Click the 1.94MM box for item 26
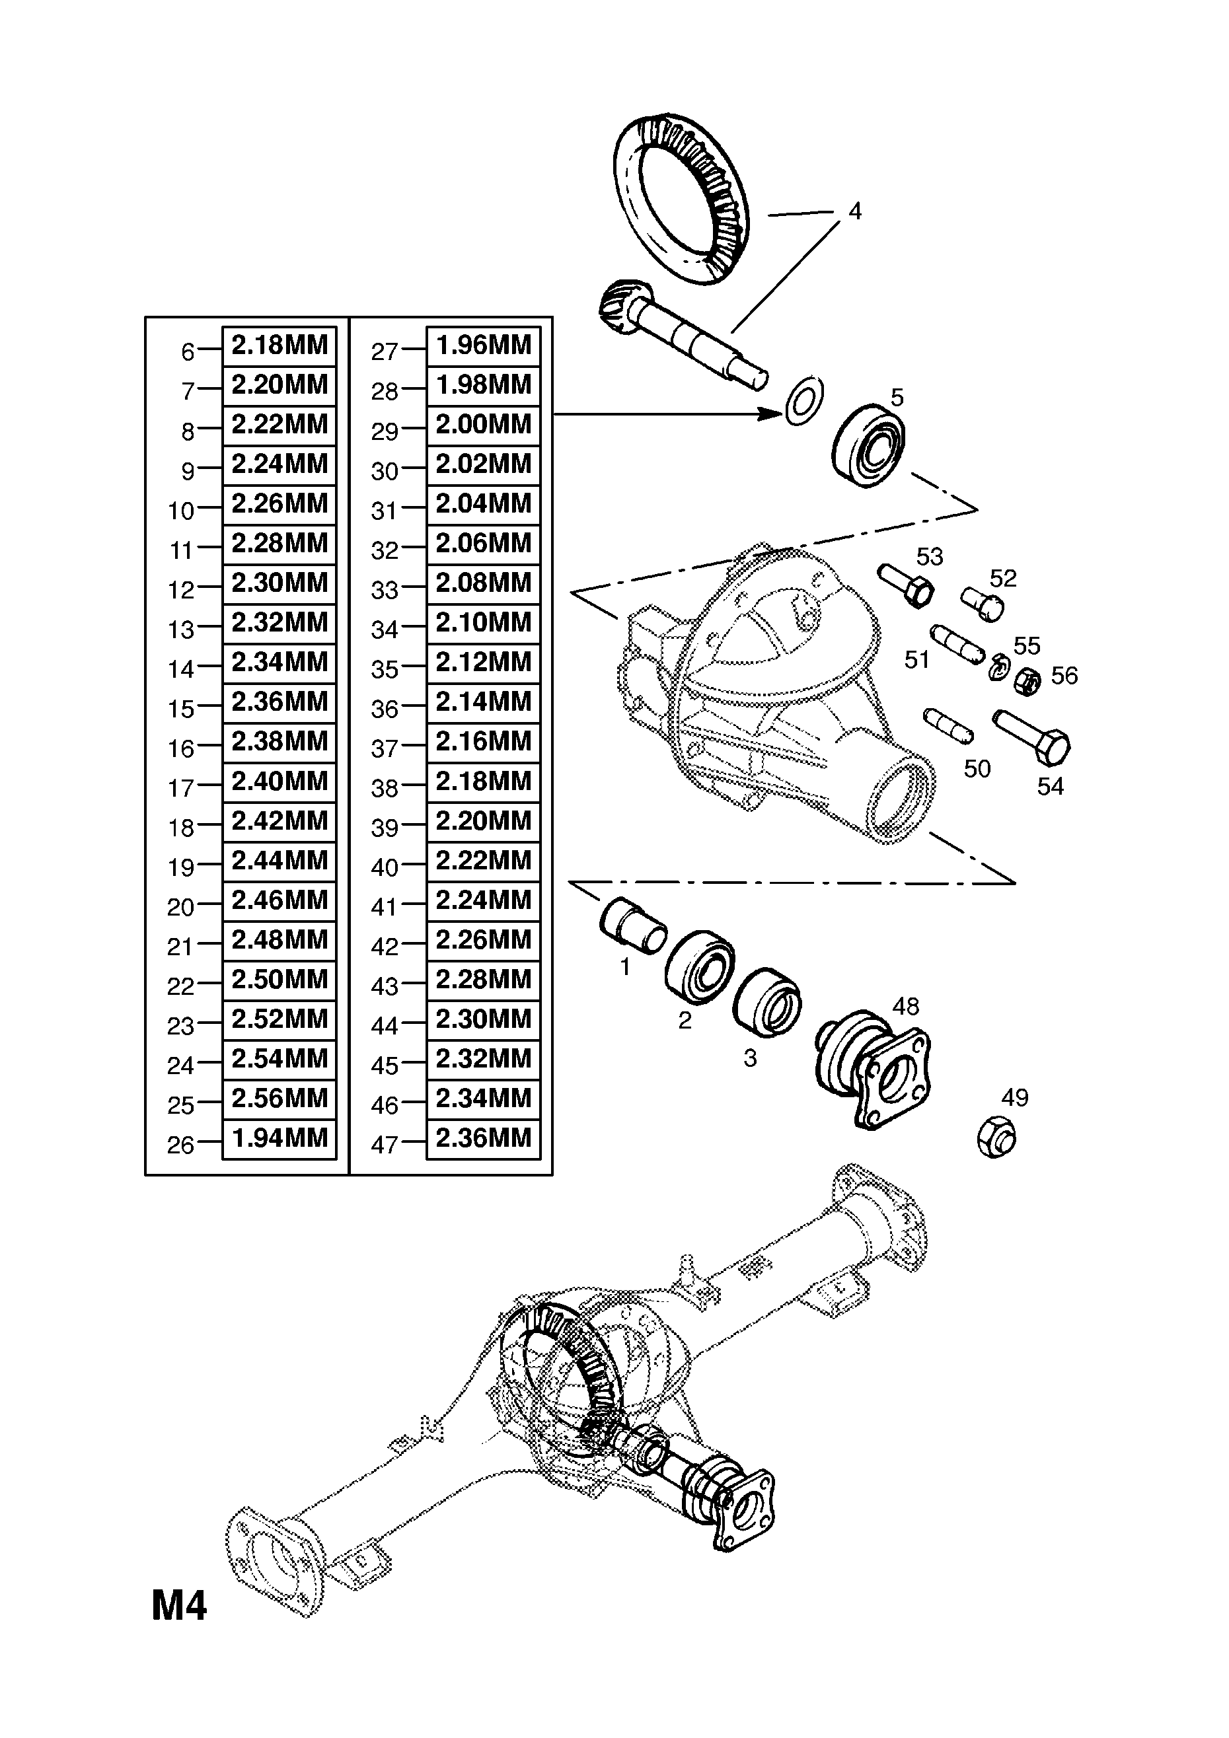pyautogui.click(x=279, y=1138)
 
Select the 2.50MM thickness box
pyautogui.click(x=279, y=980)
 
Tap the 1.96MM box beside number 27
pyautogui.click(x=483, y=345)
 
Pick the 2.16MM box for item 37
pyautogui.click(x=483, y=742)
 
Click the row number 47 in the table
pyautogui.click(x=384, y=1145)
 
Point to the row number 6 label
pyautogui.click(x=188, y=352)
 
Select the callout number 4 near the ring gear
pyautogui.click(x=855, y=211)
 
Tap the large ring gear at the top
pyautogui.click(x=681, y=201)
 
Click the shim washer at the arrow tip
pyautogui.click(x=804, y=400)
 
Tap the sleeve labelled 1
pyautogui.click(x=632, y=923)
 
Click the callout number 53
pyautogui.click(x=929, y=556)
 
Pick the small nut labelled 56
pyautogui.click(x=1027, y=681)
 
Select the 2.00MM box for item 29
pyautogui.click(x=483, y=425)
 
